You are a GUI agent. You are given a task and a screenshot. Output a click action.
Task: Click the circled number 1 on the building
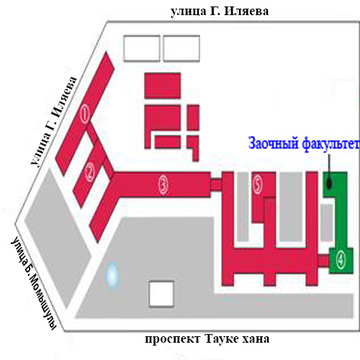[84, 114]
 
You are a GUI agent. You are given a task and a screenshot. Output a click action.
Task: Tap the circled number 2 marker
[90, 172]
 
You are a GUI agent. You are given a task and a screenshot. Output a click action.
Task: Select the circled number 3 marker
[163, 185]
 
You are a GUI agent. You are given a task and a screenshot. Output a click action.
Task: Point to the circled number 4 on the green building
[341, 260]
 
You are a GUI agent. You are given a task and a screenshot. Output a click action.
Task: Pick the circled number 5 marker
[257, 185]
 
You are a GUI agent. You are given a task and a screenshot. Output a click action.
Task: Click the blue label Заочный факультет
[304, 144]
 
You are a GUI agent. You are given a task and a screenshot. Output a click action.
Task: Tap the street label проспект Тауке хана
[207, 339]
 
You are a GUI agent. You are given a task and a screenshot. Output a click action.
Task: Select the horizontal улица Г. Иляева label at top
[220, 12]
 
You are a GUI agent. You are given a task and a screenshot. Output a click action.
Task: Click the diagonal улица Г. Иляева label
[54, 122]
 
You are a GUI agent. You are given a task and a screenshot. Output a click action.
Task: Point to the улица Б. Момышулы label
[33, 284]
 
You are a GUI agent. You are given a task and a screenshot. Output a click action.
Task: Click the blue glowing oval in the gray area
[112, 274]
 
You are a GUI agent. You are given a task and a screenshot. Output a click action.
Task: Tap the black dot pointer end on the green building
[329, 184]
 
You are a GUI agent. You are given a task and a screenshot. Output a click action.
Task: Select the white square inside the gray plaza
[161, 294]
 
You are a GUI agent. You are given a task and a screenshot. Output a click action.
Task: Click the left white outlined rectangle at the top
[142, 48]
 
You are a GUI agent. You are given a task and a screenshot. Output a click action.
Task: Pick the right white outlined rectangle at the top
[181, 48]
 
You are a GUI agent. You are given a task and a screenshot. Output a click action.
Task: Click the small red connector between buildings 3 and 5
[216, 184]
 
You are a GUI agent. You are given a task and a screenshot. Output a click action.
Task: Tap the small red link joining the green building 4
[323, 261]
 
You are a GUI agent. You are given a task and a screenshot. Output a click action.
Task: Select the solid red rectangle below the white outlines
[163, 86]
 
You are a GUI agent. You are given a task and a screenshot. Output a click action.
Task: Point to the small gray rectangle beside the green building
[327, 222]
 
